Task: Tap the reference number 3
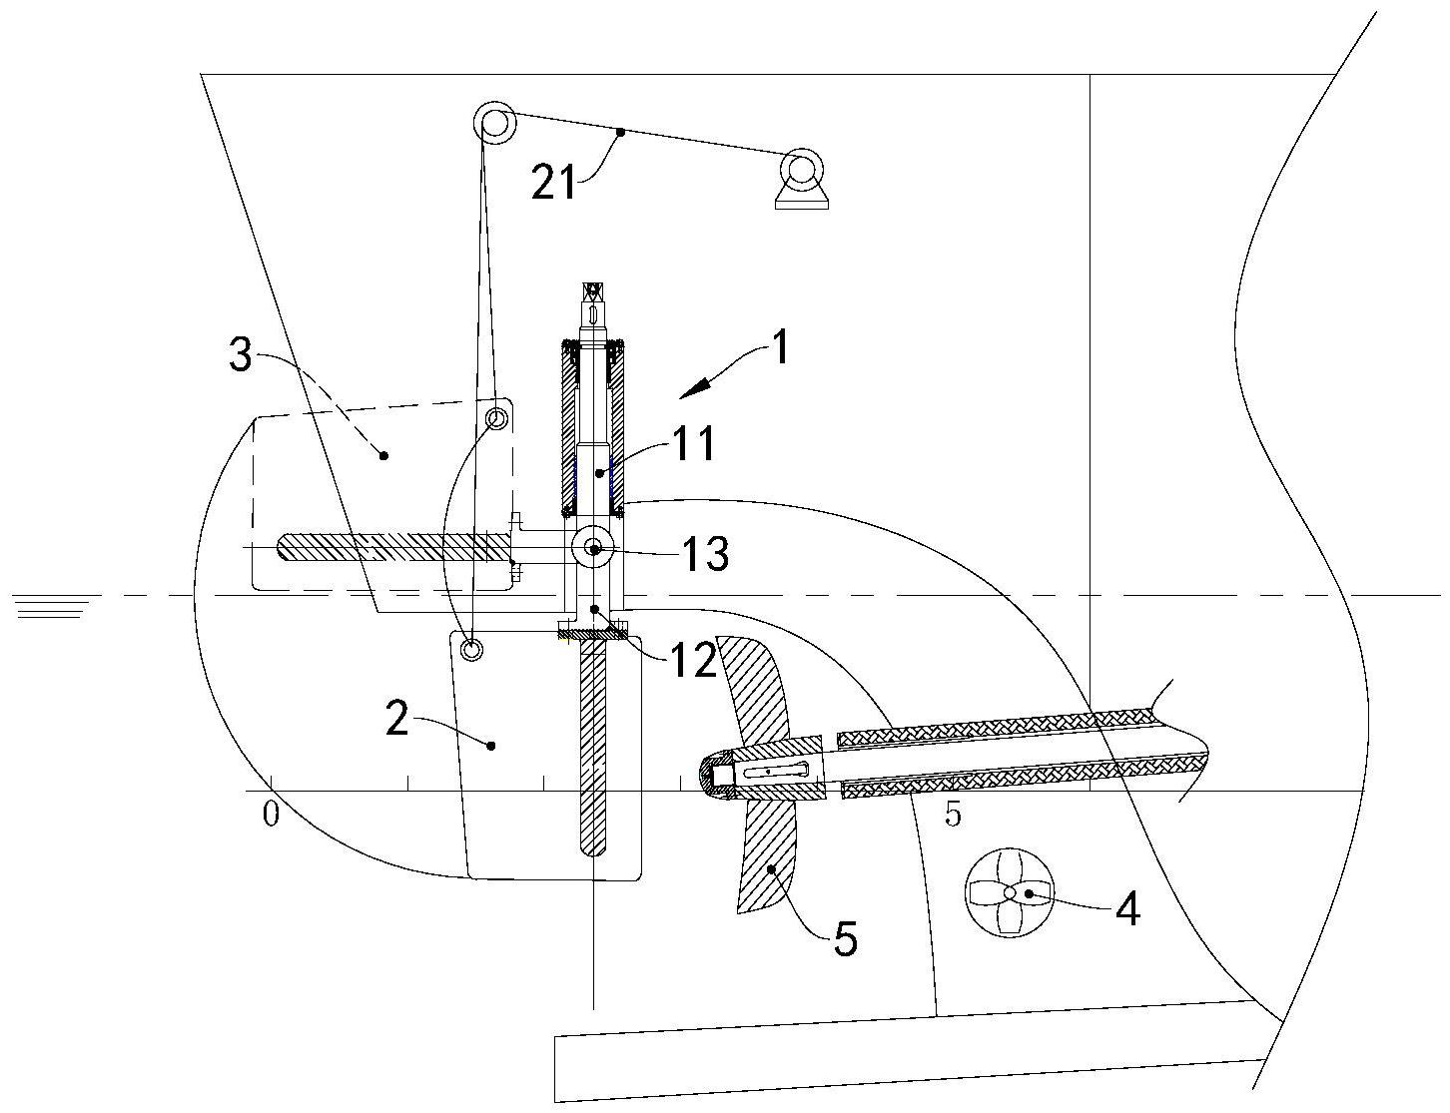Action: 241,354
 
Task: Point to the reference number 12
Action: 694,660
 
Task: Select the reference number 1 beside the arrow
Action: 779,347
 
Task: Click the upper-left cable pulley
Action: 495,123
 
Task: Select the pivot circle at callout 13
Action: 593,548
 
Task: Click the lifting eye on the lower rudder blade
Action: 471,648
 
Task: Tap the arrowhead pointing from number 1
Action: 694,389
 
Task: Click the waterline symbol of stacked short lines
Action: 53,606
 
